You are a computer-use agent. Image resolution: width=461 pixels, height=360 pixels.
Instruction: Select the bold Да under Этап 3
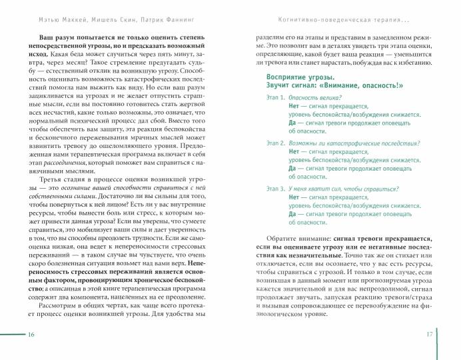click(x=293, y=214)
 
